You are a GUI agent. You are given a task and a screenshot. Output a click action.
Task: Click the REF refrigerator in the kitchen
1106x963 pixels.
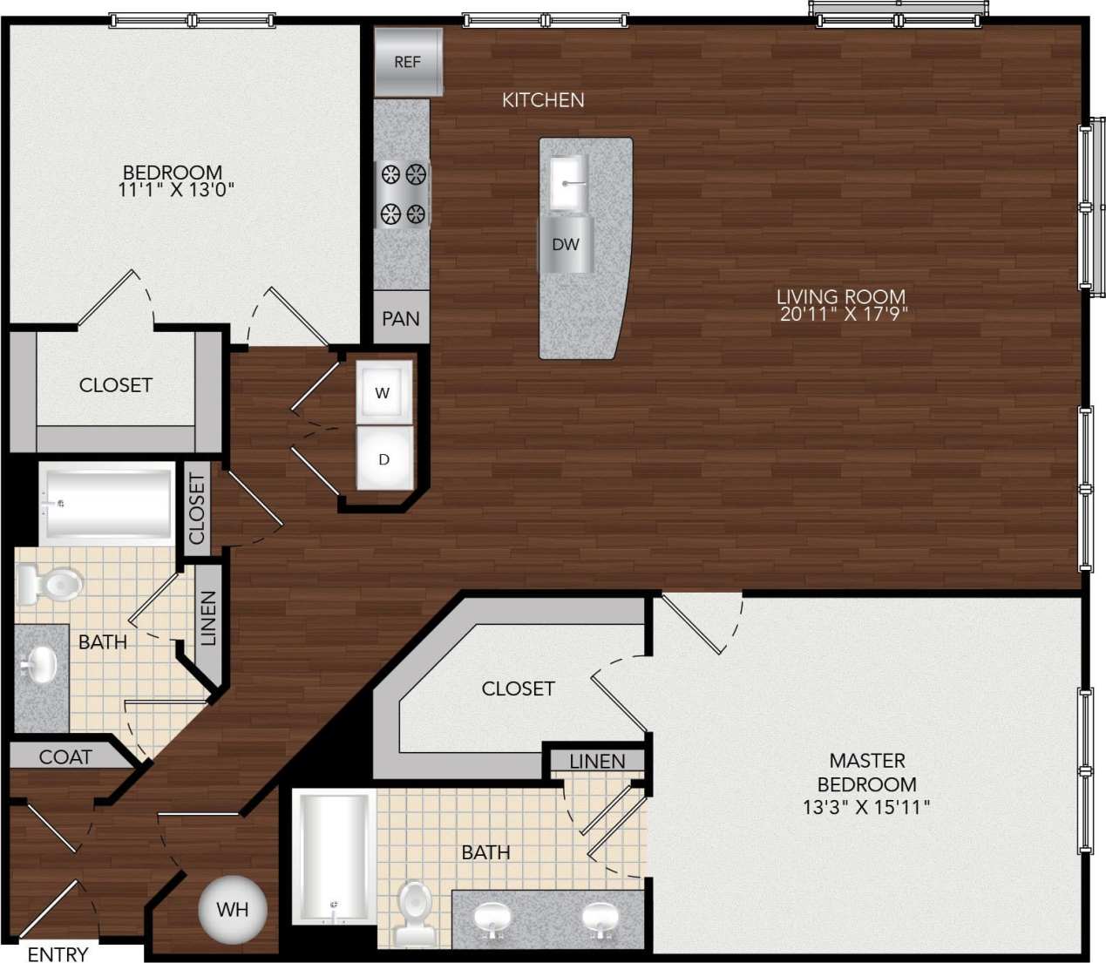coord(408,62)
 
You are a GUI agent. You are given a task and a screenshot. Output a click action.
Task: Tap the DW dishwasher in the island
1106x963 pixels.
coord(566,244)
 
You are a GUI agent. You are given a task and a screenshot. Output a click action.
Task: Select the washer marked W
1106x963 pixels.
coord(383,394)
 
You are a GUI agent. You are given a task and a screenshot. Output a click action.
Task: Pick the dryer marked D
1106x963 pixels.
coord(383,459)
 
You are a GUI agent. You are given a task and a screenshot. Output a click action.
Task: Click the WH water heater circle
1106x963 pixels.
coord(232,910)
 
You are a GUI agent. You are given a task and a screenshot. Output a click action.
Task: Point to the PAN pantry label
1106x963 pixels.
coord(401,319)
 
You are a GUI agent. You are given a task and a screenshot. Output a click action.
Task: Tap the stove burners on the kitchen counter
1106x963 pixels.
coord(403,194)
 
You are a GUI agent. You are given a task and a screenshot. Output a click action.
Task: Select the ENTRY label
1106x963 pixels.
coord(58,954)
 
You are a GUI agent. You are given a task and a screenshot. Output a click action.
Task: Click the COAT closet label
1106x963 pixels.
coord(65,757)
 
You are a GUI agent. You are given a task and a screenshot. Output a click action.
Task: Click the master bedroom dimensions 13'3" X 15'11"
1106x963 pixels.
coord(866,808)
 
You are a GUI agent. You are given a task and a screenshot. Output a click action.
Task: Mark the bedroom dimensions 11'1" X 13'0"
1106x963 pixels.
coord(176,190)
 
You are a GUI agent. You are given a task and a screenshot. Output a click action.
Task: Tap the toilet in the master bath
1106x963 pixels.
coord(415,911)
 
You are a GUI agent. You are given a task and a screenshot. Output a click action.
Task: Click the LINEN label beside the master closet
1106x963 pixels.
coord(597,762)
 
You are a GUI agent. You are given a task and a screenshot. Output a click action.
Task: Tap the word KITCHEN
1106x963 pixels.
coord(543,100)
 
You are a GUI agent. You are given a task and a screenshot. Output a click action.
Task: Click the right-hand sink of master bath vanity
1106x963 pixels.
coord(600,919)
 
